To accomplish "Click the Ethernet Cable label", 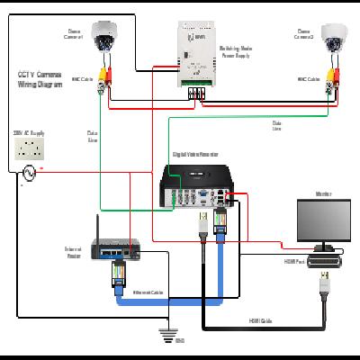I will coord(147,292).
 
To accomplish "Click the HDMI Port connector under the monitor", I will coord(325,262).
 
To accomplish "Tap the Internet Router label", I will coord(74,252).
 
